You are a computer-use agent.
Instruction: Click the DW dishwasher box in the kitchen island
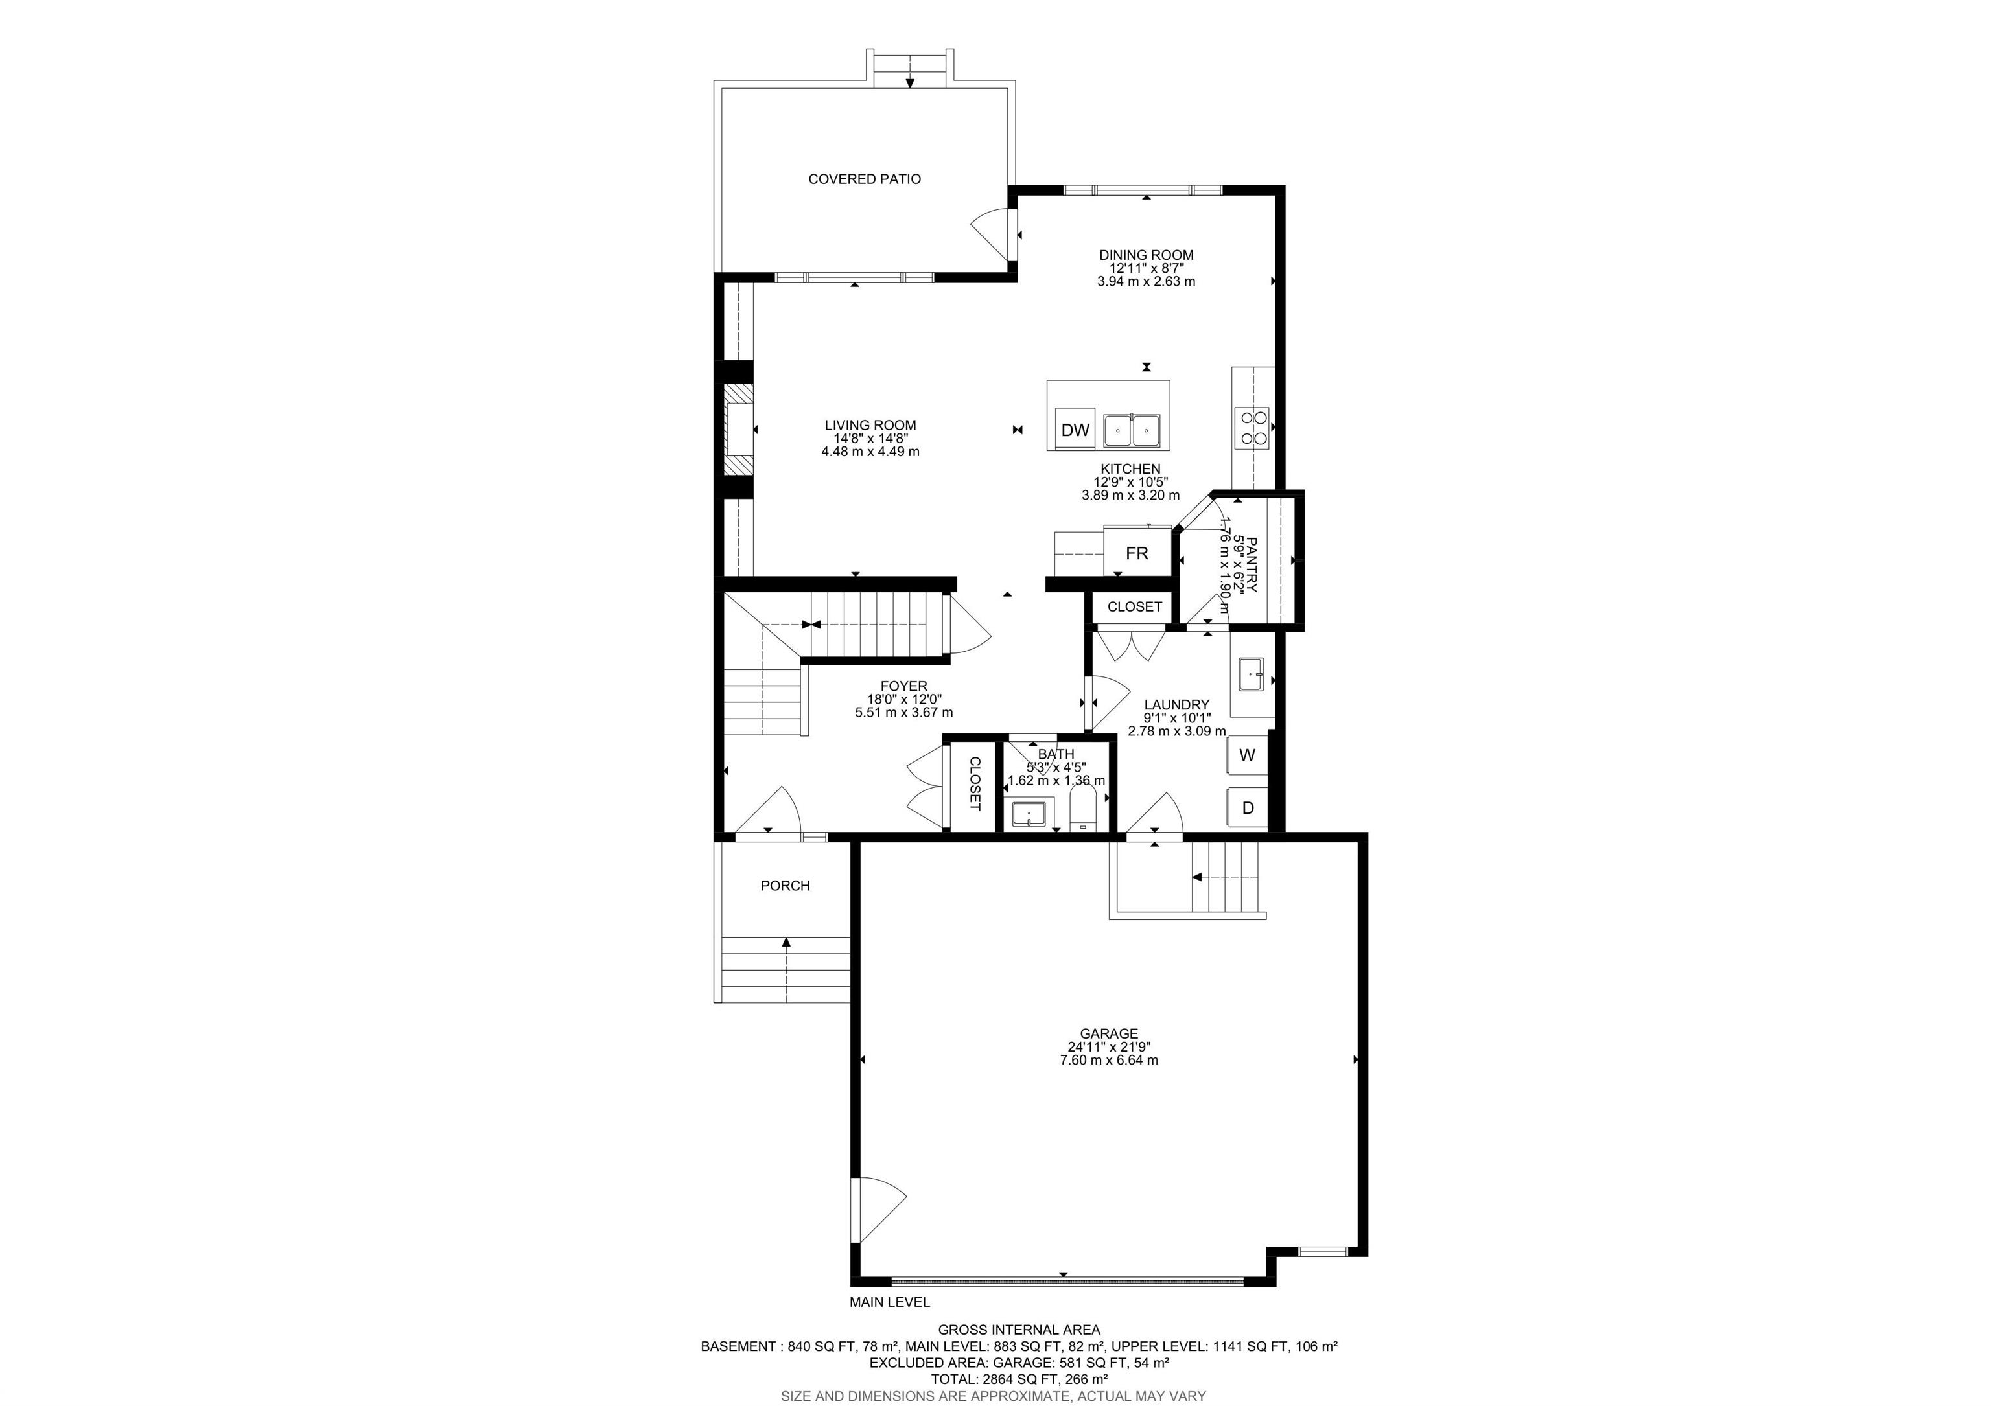(x=1075, y=430)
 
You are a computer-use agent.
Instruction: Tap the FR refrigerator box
(x=1136, y=553)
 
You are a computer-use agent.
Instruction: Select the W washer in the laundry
(x=1247, y=755)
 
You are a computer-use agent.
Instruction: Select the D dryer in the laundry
(x=1248, y=808)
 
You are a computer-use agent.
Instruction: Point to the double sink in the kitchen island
(x=1132, y=431)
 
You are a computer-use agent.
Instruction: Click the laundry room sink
(x=1250, y=674)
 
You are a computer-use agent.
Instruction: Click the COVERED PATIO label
(x=865, y=179)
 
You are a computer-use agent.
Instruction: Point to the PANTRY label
(x=1250, y=564)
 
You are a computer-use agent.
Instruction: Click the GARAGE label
(x=1108, y=1033)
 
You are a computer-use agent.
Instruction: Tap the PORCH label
(x=785, y=886)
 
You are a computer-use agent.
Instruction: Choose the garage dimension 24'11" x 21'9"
(x=1108, y=1047)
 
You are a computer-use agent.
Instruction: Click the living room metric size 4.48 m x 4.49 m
(x=870, y=452)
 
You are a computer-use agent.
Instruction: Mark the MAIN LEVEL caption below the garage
(x=889, y=1302)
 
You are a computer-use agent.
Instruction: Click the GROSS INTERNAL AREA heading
(x=1019, y=1330)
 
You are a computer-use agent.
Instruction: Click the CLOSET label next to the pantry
(x=1134, y=606)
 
